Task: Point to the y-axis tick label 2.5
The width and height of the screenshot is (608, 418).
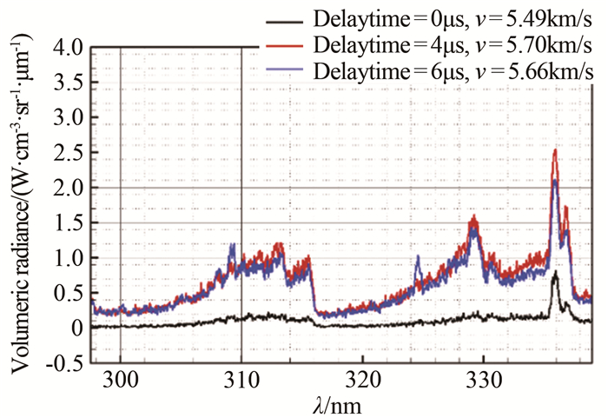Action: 69,152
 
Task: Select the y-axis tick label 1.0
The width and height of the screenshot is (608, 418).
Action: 69,258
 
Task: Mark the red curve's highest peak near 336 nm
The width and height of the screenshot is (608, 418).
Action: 554,150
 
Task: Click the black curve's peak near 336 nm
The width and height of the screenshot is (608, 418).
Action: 554,272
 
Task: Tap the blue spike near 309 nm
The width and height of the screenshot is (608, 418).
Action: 232,245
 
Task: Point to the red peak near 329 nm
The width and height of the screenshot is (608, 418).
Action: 473,218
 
